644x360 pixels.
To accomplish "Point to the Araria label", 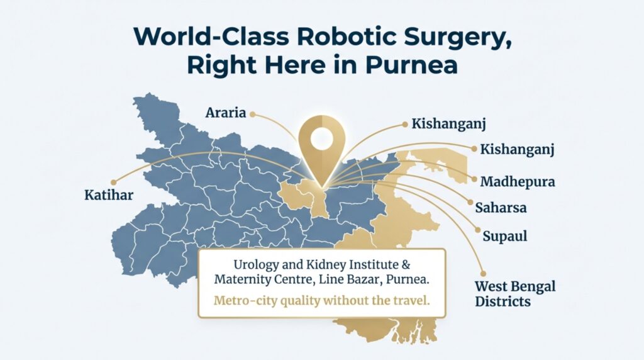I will (224, 113).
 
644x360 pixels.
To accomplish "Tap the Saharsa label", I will (501, 207).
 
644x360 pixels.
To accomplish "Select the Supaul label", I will (504, 237).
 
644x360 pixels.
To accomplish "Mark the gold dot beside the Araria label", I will (252, 114).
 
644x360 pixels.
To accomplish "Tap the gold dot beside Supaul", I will (477, 230).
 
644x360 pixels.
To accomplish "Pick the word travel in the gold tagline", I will (411, 300).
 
